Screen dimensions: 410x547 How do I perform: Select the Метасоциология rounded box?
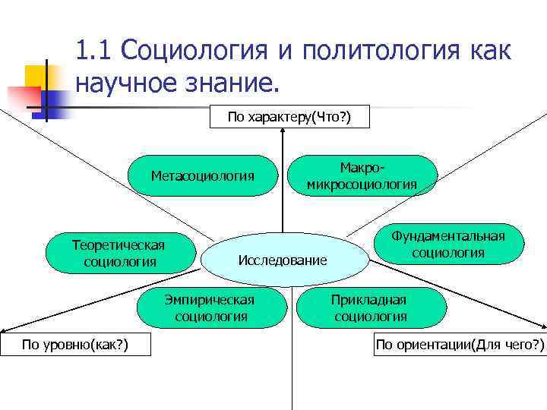pyautogui.click(x=202, y=176)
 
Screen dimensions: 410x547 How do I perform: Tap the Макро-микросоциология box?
pyautogui.click(x=362, y=175)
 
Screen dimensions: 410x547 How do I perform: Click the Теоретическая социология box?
pyautogui.click(x=118, y=253)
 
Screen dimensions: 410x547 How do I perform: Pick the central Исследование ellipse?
pyautogui.click(x=283, y=260)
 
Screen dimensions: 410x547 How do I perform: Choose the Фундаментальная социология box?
pyautogui.click(x=447, y=244)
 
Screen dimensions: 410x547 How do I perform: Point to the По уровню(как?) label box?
pyautogui.click(x=74, y=345)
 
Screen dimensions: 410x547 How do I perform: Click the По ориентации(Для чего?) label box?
pyautogui.click(x=460, y=345)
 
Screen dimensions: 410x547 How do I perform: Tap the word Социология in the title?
pyautogui.click(x=193, y=51)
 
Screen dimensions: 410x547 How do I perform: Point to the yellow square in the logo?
pyautogui.click(x=35, y=75)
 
